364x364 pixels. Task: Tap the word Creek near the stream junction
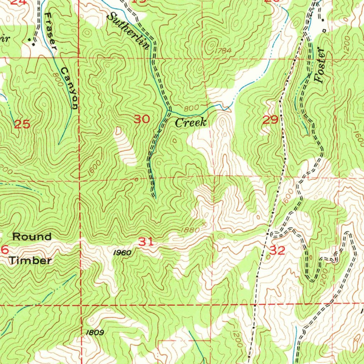pos(191,123)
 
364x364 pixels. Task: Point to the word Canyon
pos(70,87)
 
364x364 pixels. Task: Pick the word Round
pos(32,236)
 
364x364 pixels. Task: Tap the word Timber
pos(30,261)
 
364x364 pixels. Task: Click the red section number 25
pos(22,124)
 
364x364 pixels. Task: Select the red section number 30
pos(141,119)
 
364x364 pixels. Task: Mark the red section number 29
pos(270,120)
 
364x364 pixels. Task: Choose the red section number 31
pos(146,242)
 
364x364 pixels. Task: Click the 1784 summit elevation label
pos(223,51)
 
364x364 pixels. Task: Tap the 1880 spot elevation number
pos(190,230)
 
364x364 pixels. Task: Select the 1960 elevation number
pos(122,253)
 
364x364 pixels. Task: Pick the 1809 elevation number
pos(95,333)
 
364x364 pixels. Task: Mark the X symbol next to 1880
pos(204,224)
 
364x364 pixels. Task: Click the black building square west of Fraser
pos(33,44)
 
